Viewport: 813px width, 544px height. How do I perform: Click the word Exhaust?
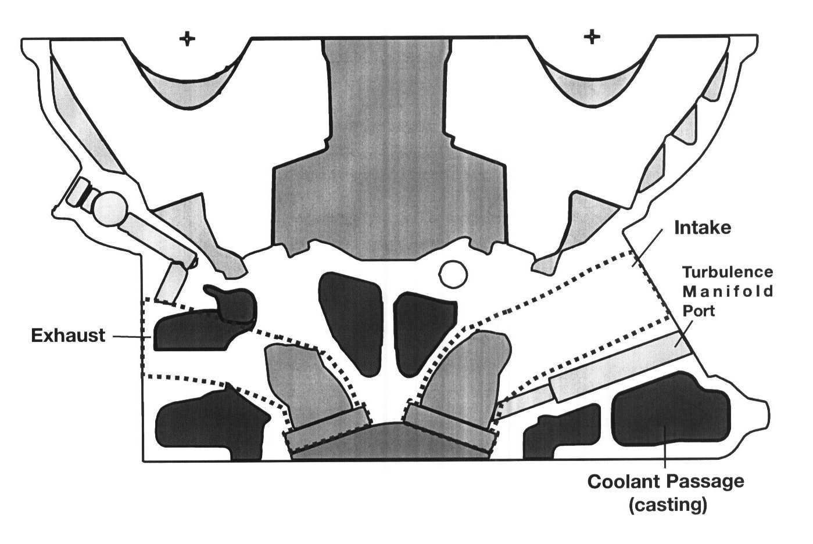coord(68,336)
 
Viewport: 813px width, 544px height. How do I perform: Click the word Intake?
coord(702,228)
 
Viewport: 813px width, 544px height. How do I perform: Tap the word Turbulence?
coord(727,272)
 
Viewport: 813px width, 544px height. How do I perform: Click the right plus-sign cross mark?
coord(592,37)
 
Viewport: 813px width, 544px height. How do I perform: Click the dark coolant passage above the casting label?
coord(668,409)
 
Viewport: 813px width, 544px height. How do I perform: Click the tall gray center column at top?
coord(388,145)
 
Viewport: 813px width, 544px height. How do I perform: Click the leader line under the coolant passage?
coord(664,459)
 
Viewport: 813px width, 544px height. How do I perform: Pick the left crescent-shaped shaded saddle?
coord(186,93)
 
